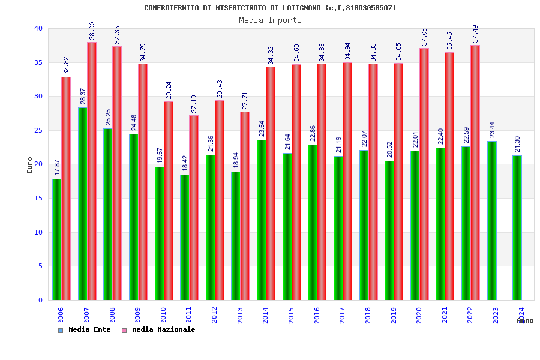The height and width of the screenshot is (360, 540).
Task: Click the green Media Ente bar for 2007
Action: pyautogui.click(x=82, y=204)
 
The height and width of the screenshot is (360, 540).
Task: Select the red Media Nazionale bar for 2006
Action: pyautogui.click(x=66, y=188)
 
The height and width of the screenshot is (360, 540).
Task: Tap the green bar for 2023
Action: pyautogui.click(x=492, y=221)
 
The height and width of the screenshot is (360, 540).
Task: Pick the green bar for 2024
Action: pyautogui.click(x=517, y=228)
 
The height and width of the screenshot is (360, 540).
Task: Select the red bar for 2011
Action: pyautogui.click(x=194, y=208)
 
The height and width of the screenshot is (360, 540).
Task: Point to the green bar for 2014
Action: pyautogui.click(x=262, y=220)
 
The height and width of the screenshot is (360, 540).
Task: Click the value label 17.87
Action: pyautogui.click(x=58, y=167)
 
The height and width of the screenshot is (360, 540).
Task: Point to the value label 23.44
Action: pyautogui.click(x=492, y=130)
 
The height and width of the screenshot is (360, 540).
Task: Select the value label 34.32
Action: pyautogui.click(x=271, y=55)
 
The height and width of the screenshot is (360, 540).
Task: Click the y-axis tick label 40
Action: pyautogui.click(x=38, y=28)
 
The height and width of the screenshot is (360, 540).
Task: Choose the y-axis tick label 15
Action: pyautogui.click(x=38, y=198)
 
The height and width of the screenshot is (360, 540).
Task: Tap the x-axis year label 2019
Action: pyautogui.click(x=394, y=316)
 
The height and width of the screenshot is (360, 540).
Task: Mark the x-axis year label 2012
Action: pyautogui.click(x=215, y=316)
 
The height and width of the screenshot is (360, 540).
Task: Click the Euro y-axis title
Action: pyautogui.click(x=30, y=165)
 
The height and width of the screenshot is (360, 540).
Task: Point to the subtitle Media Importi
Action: pyautogui.click(x=270, y=20)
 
